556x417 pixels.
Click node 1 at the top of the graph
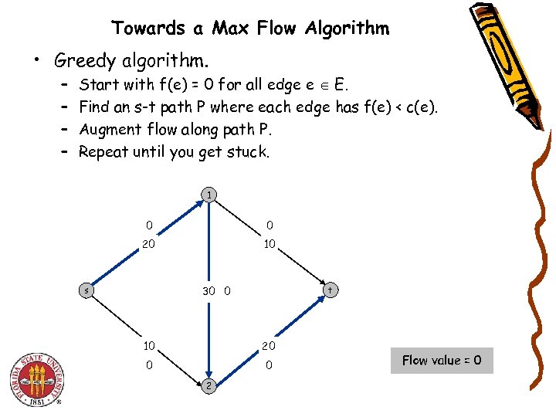[208, 195]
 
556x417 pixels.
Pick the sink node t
[330, 290]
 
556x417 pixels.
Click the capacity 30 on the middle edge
[208, 291]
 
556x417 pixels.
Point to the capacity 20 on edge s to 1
[149, 245]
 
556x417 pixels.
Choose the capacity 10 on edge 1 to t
[270, 245]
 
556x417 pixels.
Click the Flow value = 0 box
[442, 360]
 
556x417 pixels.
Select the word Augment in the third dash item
[110, 129]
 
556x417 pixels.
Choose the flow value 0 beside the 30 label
[227, 291]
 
